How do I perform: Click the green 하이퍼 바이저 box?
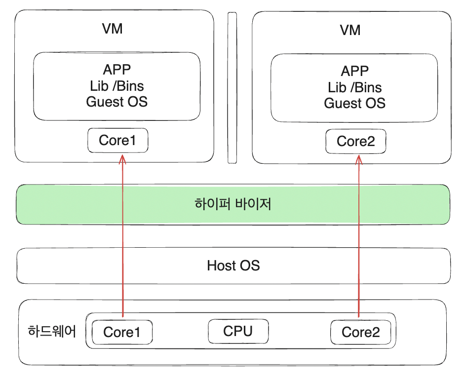point(233,204)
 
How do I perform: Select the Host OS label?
point(233,266)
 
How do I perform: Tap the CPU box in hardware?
point(238,331)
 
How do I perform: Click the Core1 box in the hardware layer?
point(122,332)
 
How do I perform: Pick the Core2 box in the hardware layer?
point(360,332)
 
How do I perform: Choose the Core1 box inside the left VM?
point(117,141)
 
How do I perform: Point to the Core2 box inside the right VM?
point(355,142)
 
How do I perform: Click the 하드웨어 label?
point(52,331)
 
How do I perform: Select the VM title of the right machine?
point(350,30)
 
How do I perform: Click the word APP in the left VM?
point(117,70)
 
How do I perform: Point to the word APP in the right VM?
point(354,71)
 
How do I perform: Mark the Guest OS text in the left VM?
point(117,102)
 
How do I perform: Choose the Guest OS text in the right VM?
point(354,104)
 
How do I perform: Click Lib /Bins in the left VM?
point(117,86)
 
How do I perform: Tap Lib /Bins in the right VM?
point(354,87)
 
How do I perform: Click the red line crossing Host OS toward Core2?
point(359,266)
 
